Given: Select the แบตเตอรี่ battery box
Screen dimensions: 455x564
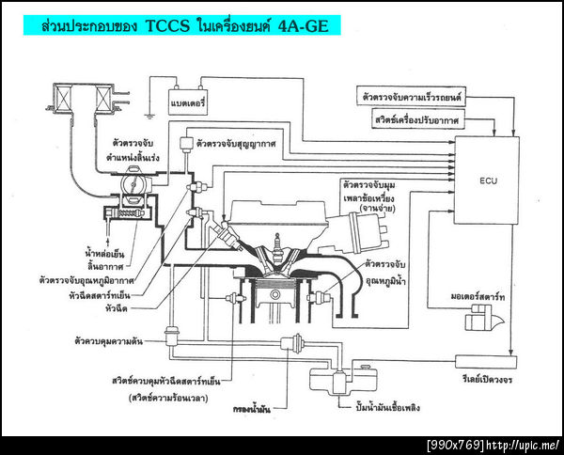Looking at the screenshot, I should pos(189,100).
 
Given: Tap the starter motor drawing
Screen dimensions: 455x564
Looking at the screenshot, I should pos(482,321).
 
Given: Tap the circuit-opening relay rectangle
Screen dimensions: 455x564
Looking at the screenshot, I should pos(485,361).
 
